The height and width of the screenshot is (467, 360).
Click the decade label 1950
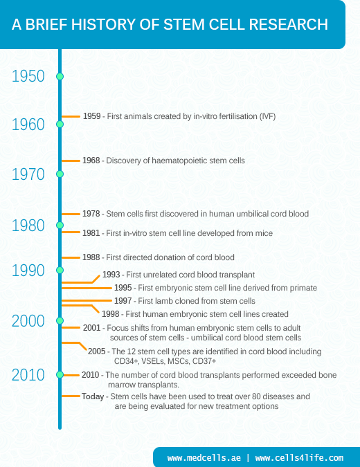tap(28, 76)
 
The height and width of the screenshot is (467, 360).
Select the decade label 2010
tap(28, 375)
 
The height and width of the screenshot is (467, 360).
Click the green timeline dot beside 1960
tap(60, 125)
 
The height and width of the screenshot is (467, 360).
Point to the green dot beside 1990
tap(60, 270)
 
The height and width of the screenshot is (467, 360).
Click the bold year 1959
tap(91, 116)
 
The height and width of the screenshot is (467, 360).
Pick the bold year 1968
tap(91, 161)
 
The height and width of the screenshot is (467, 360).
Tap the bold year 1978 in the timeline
tap(91, 214)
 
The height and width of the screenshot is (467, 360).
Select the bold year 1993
tap(111, 275)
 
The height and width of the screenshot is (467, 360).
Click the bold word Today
tap(93, 396)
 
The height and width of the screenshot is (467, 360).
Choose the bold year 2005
tap(97, 351)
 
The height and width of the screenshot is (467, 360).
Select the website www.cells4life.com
tap(299, 458)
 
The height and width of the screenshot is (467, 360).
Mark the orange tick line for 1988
tap(71, 257)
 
